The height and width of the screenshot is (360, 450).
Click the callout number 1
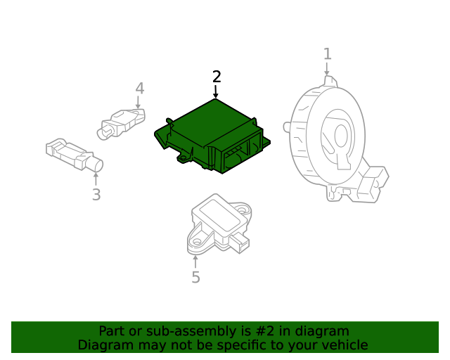point(328,54)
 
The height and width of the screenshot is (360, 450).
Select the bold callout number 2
point(217,77)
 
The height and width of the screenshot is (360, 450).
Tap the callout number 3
point(96,195)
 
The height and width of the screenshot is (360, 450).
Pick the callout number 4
point(140,89)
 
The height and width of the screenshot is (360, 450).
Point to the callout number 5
point(195,277)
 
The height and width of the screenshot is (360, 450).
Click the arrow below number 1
point(326,69)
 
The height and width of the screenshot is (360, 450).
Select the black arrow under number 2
point(216,91)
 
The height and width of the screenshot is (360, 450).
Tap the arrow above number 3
point(96,179)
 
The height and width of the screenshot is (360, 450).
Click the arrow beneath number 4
point(138,103)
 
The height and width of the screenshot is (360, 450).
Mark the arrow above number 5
point(195,262)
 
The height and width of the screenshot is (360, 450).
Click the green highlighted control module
point(212,136)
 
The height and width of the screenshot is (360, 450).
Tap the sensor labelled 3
point(75,154)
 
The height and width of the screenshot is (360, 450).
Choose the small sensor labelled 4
point(121,124)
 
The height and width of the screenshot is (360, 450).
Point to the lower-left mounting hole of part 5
point(197,241)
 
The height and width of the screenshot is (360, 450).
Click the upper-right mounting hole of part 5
point(242,210)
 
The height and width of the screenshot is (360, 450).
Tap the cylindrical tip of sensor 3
point(97,165)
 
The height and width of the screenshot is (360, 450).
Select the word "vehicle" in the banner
point(348,345)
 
